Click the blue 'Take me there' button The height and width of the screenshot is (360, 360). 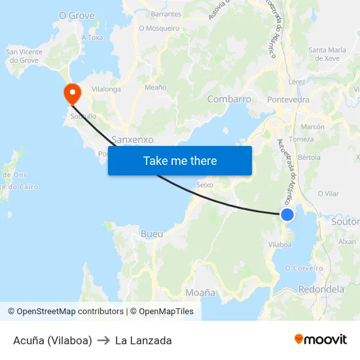coord(180,160)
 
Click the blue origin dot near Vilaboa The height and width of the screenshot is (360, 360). coord(287,215)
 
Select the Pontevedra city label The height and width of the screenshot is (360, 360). coord(289,99)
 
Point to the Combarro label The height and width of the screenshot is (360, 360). coord(229,99)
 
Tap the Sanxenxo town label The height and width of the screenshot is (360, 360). coord(132,139)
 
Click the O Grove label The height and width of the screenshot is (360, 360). coord(77,15)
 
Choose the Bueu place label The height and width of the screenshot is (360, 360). coord(152,234)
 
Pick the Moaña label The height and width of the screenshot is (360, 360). coord(201,293)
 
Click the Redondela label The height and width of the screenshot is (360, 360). coord(321,289)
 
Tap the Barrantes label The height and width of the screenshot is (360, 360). coord(166,14)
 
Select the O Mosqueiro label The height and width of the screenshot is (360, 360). coord(159,28)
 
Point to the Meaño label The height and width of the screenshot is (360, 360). coord(155,86)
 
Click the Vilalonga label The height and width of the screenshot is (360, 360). coord(106,88)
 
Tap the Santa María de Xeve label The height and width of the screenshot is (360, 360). coord(327,54)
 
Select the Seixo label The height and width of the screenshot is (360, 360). coord(205,185)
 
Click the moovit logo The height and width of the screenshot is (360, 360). coord(321,340)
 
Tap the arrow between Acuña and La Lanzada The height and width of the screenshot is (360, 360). coord(103,340)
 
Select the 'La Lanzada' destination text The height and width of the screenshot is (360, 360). coord(143,340)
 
